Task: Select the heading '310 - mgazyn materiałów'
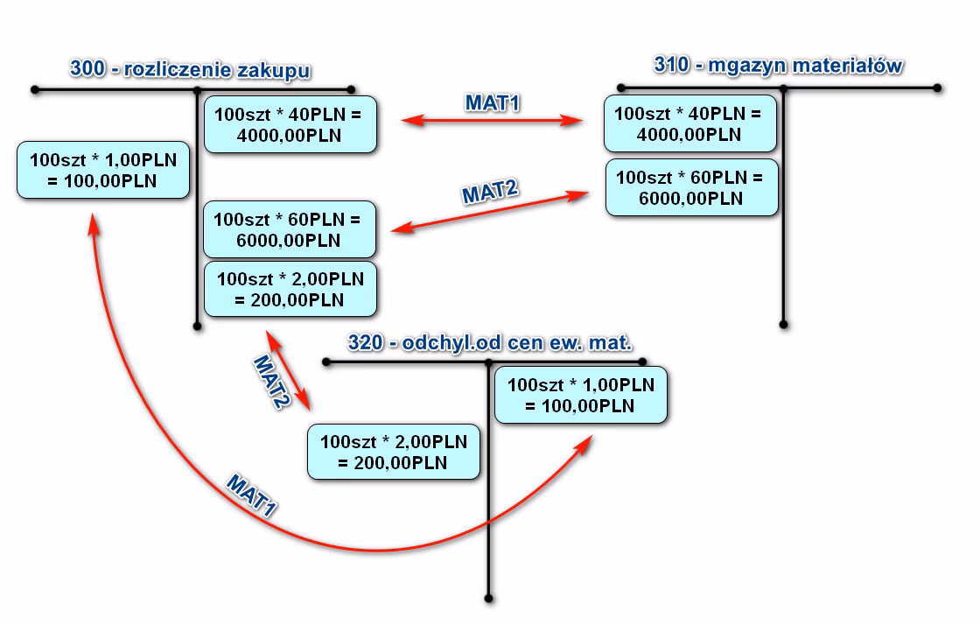pos(779,66)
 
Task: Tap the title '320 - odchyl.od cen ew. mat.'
pos(490,342)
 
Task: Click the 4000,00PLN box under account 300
pos(290,124)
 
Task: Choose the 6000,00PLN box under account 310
pos(691,187)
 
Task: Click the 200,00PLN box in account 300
pos(290,289)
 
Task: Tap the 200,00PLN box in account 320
pos(394,451)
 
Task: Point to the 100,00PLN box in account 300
pos(104,170)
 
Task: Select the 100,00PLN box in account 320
pos(581,395)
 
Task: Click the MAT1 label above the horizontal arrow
pos(493,103)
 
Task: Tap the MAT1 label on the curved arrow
pos(251,498)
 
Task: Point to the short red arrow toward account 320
pos(289,369)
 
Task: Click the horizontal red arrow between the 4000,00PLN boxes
pos(492,122)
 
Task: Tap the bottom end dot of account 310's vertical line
pos(785,324)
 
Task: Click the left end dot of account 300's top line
pos(33,89)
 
